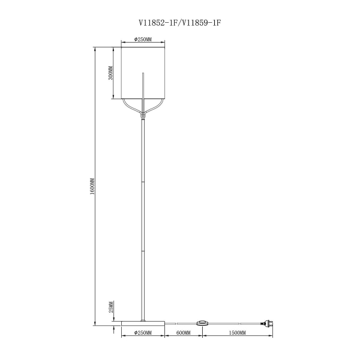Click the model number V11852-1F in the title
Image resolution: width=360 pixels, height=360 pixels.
158,23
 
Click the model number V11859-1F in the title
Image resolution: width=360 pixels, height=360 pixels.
201,23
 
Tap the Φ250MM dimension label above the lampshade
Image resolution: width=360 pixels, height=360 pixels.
143,40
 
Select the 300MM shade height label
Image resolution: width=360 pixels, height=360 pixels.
110,73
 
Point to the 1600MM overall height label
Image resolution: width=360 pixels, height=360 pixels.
92,186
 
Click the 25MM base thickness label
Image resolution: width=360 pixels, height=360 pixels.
111,307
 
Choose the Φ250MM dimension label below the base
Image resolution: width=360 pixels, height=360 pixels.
143,332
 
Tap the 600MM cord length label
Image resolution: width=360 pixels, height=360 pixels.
183,332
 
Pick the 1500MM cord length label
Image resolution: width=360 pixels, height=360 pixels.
237,332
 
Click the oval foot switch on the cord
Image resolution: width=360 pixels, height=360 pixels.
202,323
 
